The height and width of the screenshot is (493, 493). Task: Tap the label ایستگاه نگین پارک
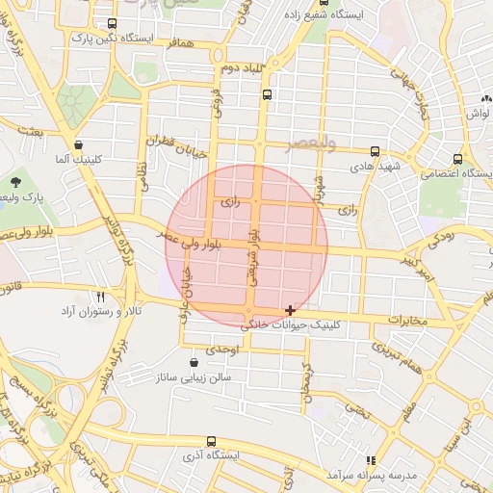(x=107, y=39)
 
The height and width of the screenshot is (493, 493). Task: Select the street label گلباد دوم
(x=242, y=68)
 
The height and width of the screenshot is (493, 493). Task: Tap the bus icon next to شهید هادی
(x=375, y=151)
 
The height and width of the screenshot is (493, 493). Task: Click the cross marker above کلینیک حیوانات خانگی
(x=290, y=310)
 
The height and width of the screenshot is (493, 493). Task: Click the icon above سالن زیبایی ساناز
(x=195, y=363)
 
